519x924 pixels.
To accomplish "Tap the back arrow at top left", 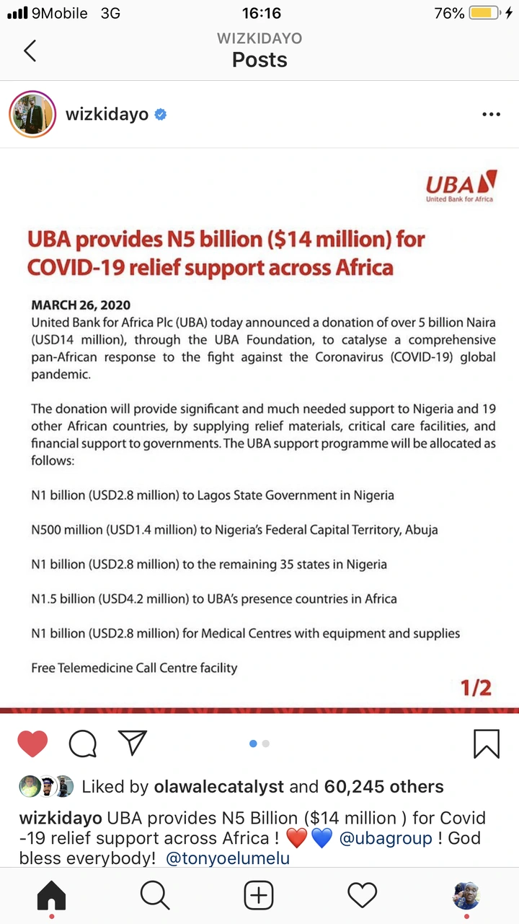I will click(x=30, y=51).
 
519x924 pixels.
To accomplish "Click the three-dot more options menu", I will click(x=491, y=114).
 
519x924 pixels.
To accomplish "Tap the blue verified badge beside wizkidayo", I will click(x=161, y=114).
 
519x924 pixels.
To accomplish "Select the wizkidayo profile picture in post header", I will click(x=32, y=114).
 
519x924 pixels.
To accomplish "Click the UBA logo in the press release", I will click(x=461, y=187).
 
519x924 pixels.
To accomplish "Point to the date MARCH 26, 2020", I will click(x=81, y=305).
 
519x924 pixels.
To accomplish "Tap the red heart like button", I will click(x=32, y=744).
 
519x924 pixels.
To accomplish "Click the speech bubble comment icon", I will click(x=83, y=744).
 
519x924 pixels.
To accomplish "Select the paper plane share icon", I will click(x=133, y=743).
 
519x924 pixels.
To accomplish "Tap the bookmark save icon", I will click(x=487, y=744).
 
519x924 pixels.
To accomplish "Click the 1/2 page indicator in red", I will click(x=476, y=688).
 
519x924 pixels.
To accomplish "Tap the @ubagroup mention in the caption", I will click(x=386, y=839).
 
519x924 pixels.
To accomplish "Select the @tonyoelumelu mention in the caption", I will click(x=230, y=859).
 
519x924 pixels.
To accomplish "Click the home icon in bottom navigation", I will click(x=51, y=896).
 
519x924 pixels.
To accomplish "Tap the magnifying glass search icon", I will click(x=155, y=896).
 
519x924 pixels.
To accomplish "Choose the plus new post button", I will click(x=259, y=896).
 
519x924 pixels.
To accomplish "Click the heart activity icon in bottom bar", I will click(x=363, y=896).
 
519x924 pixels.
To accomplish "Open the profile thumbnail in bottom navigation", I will click(x=466, y=896).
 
